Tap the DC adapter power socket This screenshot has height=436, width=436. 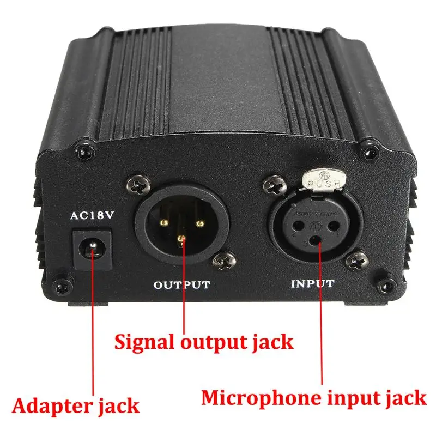coord(93,250)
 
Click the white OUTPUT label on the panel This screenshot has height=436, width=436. coord(181,284)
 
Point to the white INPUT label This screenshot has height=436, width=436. coord(313,283)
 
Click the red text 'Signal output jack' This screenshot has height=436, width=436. coord(203,342)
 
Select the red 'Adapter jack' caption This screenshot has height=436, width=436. coord(76,405)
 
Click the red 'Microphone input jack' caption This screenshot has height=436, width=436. coord(313,397)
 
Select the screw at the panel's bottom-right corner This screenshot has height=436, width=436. coord(387,283)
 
